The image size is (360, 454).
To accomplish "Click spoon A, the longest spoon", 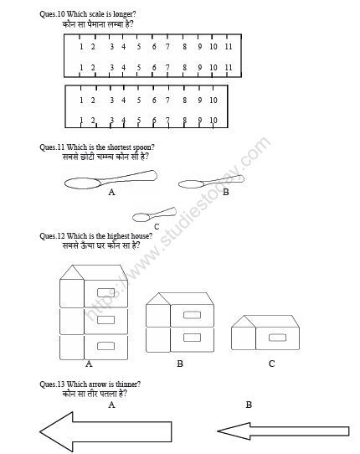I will [x=109, y=179].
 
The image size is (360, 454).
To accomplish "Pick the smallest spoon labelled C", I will [x=154, y=214].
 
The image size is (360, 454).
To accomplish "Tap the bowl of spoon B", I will [x=191, y=184].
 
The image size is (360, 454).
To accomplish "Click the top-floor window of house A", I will [x=105, y=292].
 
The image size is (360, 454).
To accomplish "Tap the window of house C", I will [x=276, y=338].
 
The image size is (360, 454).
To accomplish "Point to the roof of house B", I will [x=179, y=298].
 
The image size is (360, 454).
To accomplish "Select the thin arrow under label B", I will [x=282, y=431].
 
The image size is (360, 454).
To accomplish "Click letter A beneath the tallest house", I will [x=89, y=364].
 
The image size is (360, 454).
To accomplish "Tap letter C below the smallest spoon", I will [x=156, y=226].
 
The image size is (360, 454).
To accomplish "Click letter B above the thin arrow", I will [x=249, y=405].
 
